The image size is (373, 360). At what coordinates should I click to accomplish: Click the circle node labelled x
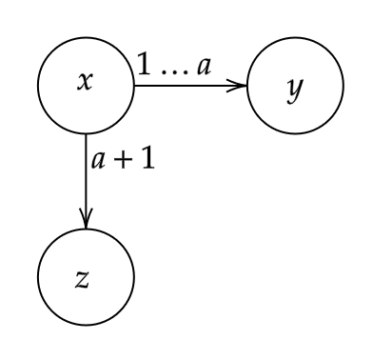click(x=86, y=86)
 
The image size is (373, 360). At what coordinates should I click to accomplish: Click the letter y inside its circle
click(x=296, y=88)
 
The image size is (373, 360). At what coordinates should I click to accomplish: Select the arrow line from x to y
click(x=190, y=86)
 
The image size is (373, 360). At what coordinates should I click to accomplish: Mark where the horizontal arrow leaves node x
click(x=135, y=86)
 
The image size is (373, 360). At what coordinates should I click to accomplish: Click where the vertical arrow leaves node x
click(x=86, y=135)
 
